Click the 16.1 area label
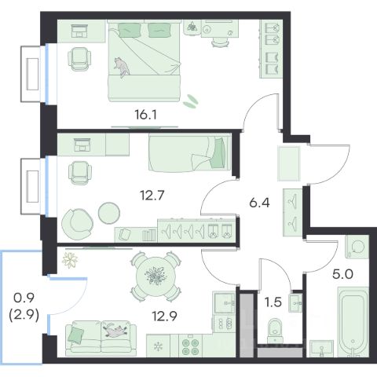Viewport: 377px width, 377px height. (x=146, y=115)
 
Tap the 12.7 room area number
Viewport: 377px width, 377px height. (x=152, y=195)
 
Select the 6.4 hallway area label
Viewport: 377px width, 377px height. (x=259, y=203)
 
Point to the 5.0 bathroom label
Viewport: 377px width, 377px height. (x=342, y=274)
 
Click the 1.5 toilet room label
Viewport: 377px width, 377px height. (x=273, y=302)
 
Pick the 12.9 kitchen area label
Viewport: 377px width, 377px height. (x=165, y=317)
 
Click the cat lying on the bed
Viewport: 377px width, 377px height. (x=122, y=67)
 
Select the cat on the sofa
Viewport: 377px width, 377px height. (x=115, y=331)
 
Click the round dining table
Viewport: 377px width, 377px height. (x=156, y=276)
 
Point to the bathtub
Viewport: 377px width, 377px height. (x=353, y=323)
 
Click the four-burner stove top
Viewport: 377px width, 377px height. (x=190, y=346)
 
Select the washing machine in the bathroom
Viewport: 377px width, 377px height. (x=357, y=247)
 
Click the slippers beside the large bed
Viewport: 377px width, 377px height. (x=191, y=101)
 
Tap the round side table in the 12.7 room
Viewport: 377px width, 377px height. (x=109, y=213)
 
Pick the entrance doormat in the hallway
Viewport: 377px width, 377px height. (x=288, y=163)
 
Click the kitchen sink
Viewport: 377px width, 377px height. (x=225, y=302)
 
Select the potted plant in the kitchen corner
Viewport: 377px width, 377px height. (x=70, y=260)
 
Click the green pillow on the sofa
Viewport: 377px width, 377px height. (x=76, y=335)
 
